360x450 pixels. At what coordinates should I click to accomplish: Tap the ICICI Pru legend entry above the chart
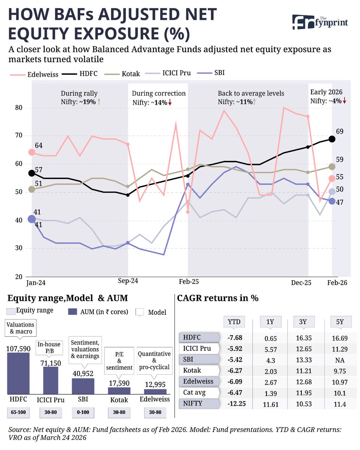(176, 73)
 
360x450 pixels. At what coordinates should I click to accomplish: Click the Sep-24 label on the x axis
(127, 283)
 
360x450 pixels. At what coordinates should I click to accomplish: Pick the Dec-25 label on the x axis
(301, 283)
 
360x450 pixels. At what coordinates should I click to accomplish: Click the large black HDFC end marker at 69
(331, 139)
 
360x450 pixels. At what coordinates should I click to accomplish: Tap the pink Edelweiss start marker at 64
(31, 152)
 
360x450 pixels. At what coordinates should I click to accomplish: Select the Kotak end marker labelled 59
(331, 166)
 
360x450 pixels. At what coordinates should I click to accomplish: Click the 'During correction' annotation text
(159, 93)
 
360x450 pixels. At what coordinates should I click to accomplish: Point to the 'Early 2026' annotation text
(325, 92)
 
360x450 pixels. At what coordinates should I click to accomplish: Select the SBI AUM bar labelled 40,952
(83, 386)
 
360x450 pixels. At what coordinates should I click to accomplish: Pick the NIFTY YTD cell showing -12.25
(236, 404)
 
